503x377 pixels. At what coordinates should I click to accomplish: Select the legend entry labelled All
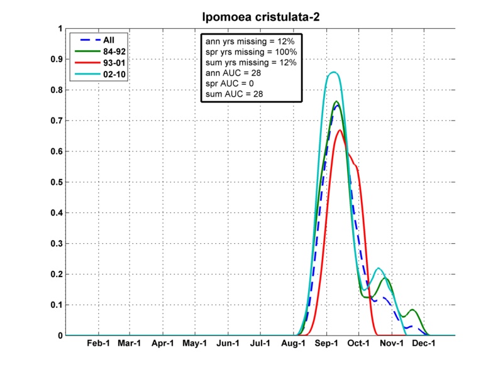pos(100,39)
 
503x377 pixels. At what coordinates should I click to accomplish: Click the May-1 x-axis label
pos(195,345)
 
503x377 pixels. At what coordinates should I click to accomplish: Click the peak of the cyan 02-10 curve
pos(334,72)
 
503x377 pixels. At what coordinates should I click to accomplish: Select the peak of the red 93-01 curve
pos(340,130)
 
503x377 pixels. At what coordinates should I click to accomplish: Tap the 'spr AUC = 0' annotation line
pos(229,84)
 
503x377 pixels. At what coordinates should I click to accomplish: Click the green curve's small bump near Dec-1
pos(412,310)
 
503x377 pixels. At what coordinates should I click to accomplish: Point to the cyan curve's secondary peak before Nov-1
pos(379,269)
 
